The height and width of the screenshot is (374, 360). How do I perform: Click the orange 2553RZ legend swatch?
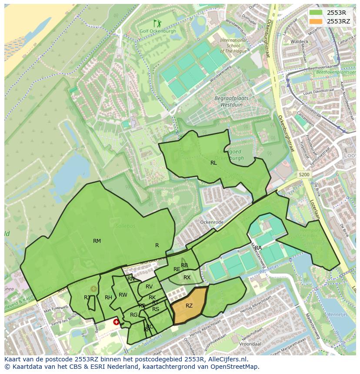[316, 21]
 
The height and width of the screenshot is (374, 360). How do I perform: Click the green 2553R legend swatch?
[316, 13]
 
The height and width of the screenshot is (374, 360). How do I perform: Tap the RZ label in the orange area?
[189, 306]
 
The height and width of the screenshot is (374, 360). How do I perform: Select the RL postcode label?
[213, 163]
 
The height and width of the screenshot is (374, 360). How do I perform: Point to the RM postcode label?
[97, 241]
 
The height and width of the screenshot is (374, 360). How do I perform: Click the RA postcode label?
[258, 248]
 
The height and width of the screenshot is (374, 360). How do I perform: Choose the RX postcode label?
[187, 278]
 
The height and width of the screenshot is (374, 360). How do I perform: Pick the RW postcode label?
[123, 295]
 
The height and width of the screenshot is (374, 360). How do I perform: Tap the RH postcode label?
[108, 298]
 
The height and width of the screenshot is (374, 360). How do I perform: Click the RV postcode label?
[149, 287]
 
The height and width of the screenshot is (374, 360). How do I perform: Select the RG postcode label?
[134, 315]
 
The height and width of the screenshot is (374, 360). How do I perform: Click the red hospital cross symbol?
[116, 322]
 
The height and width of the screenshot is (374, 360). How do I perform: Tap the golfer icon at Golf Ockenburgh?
[157, 23]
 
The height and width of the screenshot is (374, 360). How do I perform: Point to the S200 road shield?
[304, 175]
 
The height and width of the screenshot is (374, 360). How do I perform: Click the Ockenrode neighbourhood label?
[211, 222]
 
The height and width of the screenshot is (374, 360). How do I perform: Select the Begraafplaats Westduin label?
[231, 101]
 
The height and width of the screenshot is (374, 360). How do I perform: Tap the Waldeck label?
[299, 42]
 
